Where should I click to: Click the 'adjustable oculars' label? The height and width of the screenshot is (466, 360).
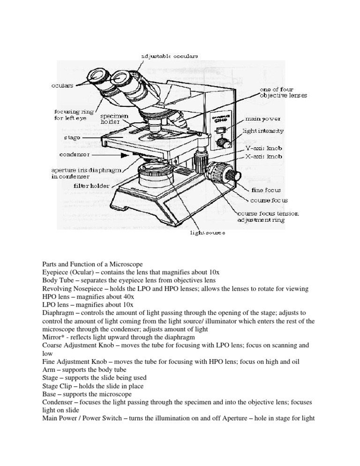[x=169, y=56]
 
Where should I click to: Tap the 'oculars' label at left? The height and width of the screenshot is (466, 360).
[x=62, y=86]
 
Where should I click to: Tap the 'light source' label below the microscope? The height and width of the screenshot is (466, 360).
[x=207, y=233]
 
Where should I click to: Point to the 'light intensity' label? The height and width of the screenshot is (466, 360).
[x=263, y=131]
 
